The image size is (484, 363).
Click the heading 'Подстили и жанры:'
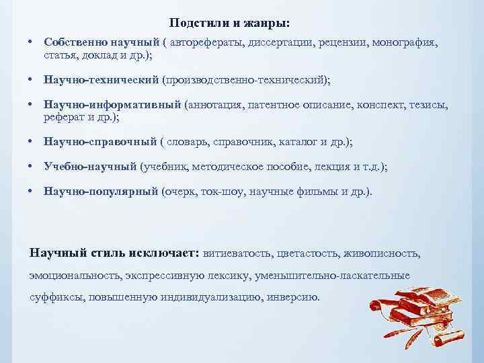pyautogui.click(x=230, y=24)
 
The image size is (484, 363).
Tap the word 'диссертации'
pyautogui.click(x=276, y=42)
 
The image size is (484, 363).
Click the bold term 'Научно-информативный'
pyautogui.click(x=112, y=105)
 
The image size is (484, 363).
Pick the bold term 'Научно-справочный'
pyautogui.click(x=100, y=142)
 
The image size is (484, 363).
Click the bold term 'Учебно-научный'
pyautogui.click(x=90, y=167)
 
